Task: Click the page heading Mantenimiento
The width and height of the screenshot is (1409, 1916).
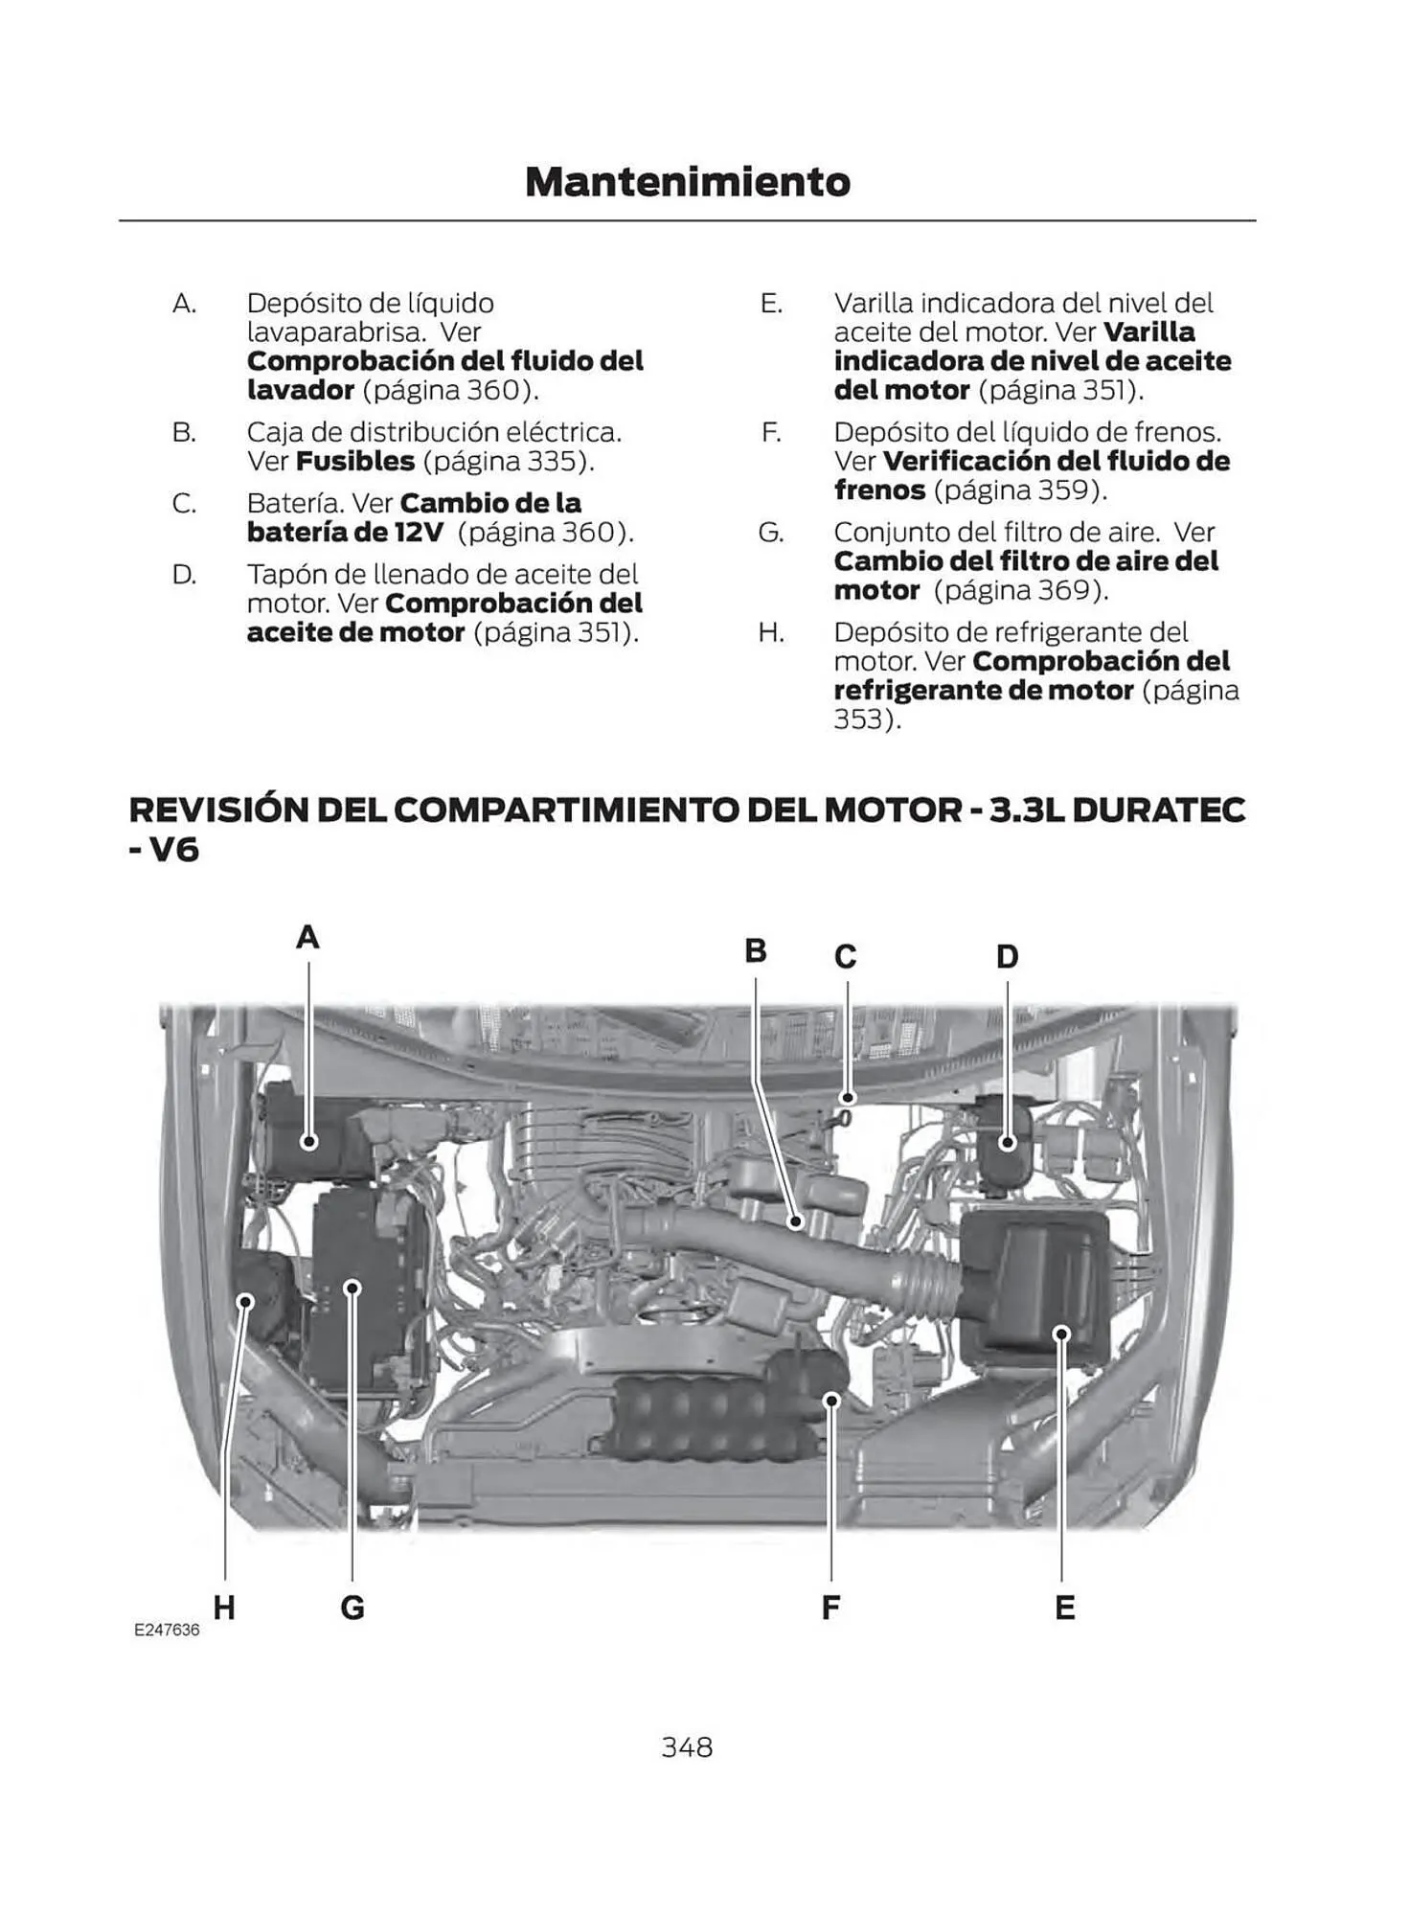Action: click(687, 181)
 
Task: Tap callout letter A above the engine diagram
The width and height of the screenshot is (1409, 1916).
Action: click(307, 937)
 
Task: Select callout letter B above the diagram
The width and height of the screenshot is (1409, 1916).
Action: click(756, 950)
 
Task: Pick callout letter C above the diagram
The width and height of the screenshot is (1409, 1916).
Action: click(845, 956)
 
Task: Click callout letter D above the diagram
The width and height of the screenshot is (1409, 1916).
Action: click(1007, 956)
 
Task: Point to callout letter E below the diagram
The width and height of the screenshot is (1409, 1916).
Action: click(1064, 1608)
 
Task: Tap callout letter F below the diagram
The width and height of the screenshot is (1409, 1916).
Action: click(830, 1608)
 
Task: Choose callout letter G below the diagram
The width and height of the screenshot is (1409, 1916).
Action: click(352, 1608)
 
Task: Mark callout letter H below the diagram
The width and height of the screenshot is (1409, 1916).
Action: click(224, 1608)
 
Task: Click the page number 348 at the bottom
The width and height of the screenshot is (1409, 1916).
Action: click(687, 1747)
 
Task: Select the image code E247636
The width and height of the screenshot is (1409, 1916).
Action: click(167, 1630)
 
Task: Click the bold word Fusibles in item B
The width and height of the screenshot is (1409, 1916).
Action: click(355, 461)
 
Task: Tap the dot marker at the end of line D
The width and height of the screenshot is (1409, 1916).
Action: click(1007, 1142)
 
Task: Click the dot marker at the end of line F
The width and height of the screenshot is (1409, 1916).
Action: click(831, 1401)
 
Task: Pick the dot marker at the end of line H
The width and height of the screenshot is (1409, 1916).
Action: click(246, 1300)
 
